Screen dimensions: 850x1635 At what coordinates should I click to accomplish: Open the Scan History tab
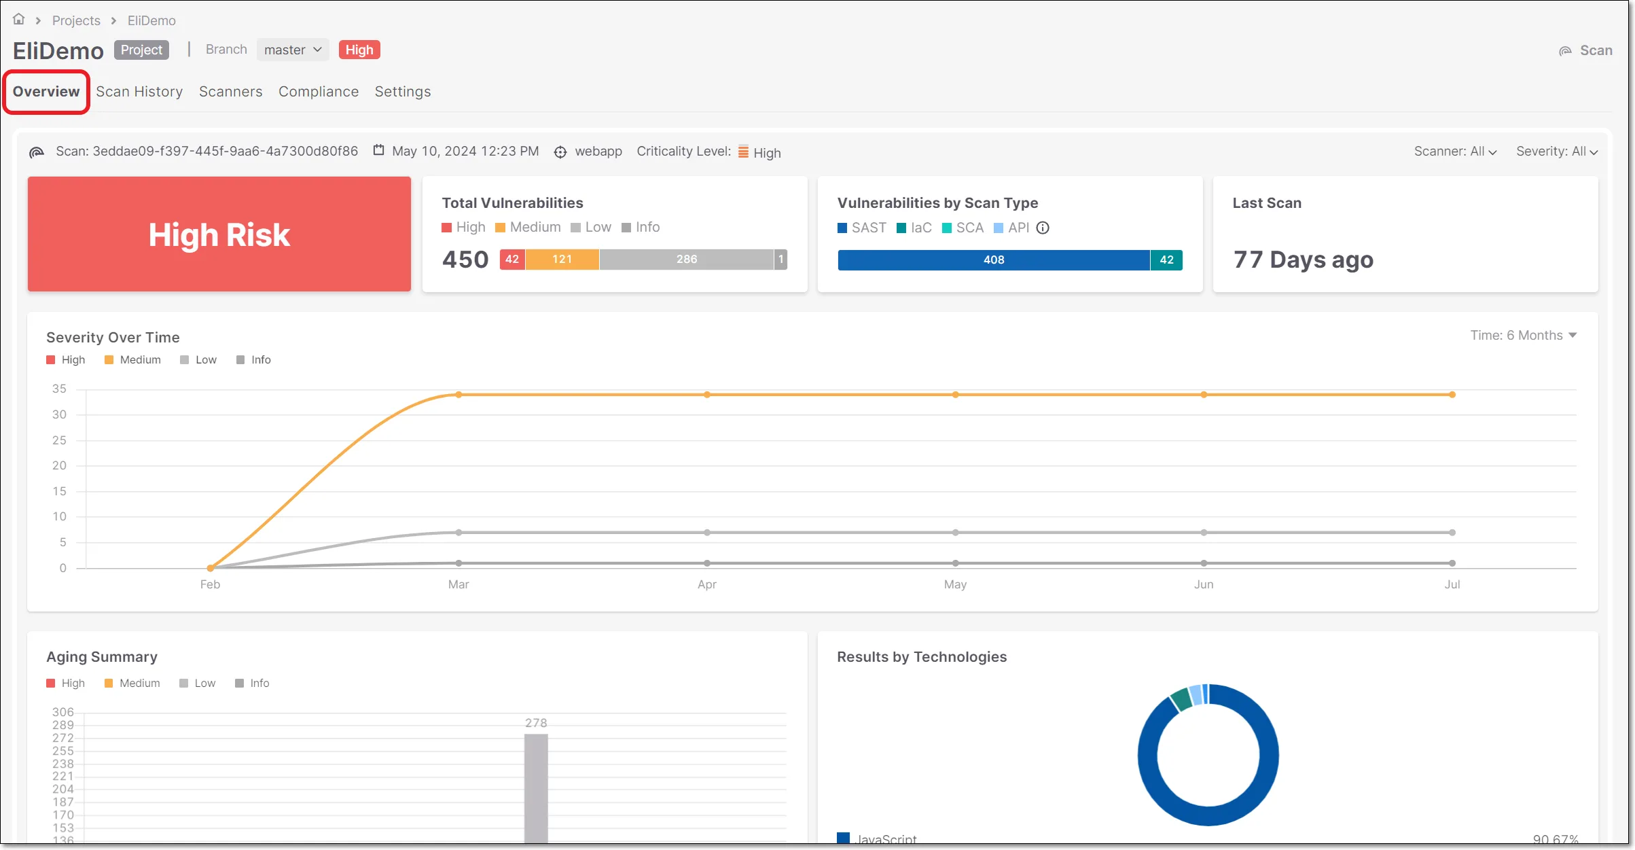tap(139, 92)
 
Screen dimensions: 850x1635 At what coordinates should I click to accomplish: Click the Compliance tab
tap(318, 92)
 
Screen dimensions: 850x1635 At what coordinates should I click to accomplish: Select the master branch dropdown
tap(292, 50)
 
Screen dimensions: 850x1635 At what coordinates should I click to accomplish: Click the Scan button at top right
tap(1586, 50)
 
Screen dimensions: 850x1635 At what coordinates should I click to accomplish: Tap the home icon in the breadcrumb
tap(19, 20)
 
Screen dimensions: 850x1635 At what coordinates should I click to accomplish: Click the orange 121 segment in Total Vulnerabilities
tap(562, 260)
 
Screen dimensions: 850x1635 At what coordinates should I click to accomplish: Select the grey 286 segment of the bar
tap(686, 260)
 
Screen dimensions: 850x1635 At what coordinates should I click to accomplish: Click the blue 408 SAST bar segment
tap(993, 260)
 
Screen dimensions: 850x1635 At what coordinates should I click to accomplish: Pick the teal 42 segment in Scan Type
tap(1166, 260)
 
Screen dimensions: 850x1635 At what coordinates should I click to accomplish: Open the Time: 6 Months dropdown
tap(1523, 336)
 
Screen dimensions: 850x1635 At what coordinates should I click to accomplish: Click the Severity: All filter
tap(1556, 152)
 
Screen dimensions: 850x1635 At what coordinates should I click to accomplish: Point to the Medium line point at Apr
tap(707, 395)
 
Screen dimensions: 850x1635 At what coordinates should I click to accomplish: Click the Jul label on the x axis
tap(1452, 584)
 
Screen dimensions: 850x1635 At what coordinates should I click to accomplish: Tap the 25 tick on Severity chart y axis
tap(60, 440)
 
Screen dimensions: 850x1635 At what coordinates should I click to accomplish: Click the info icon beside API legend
tap(1043, 228)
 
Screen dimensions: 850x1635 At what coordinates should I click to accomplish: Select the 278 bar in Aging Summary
tap(536, 788)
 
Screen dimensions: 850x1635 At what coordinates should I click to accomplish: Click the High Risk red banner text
tap(219, 235)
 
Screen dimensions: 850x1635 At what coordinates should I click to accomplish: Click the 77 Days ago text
tap(1303, 260)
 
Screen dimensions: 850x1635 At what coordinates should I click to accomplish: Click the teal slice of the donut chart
tap(1181, 699)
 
